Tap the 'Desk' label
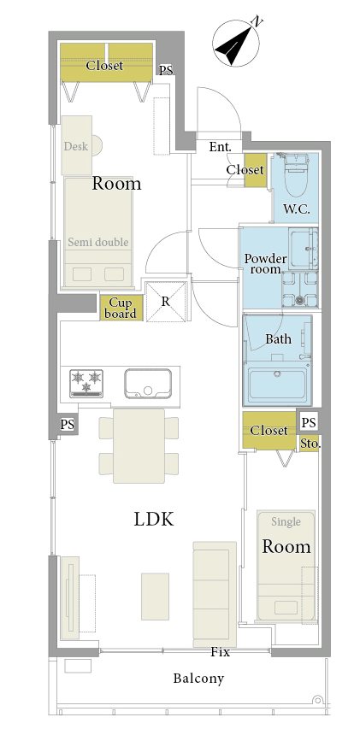(x=75, y=146)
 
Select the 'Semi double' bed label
(x=98, y=242)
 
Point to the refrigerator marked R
(x=166, y=302)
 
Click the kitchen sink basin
(x=148, y=384)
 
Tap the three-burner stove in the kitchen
(x=86, y=383)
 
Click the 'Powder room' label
(x=266, y=263)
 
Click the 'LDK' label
(x=153, y=520)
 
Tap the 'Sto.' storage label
(x=310, y=444)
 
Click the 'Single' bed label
(x=286, y=522)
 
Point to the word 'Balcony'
(x=198, y=679)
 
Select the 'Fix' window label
(x=220, y=652)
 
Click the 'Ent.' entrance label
(x=220, y=147)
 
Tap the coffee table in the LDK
(x=155, y=596)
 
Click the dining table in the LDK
(x=139, y=446)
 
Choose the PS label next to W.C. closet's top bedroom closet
(x=166, y=71)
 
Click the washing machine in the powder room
(x=300, y=289)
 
